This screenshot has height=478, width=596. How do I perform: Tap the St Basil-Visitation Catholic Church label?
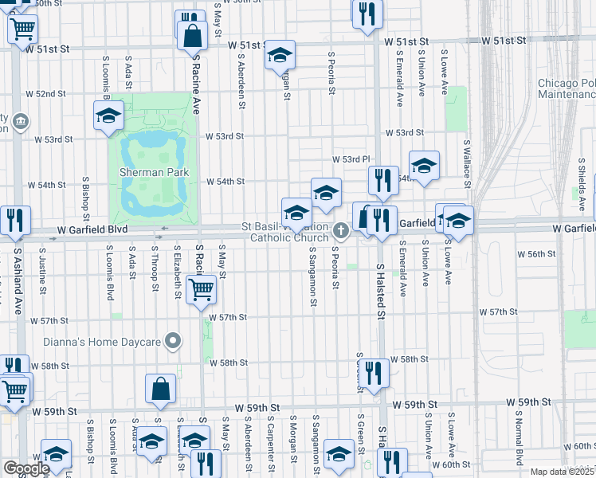coord(289,232)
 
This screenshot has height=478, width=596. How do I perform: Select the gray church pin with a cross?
coord(341,230)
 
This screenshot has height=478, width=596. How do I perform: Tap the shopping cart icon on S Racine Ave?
coord(200,289)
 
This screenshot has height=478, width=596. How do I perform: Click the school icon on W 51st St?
coord(280,54)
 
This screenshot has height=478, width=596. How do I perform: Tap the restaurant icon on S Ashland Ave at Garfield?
coord(15,220)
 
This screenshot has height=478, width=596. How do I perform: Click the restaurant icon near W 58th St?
coord(373,373)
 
